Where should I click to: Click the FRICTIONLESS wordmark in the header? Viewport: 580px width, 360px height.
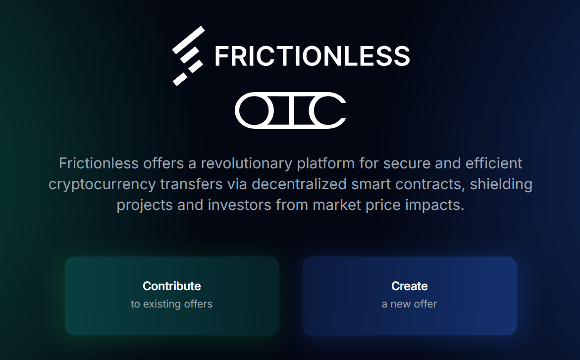click(312, 56)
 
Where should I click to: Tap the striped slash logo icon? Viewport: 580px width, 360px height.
click(188, 55)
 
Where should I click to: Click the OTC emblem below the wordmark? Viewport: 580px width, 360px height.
click(290, 110)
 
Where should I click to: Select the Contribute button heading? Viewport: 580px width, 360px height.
click(172, 286)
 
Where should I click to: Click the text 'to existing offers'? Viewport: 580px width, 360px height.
click(172, 304)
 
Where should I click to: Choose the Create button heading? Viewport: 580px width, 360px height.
click(410, 286)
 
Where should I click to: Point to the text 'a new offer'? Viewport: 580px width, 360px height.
click(410, 304)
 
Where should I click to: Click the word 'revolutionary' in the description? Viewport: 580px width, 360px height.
click(246, 163)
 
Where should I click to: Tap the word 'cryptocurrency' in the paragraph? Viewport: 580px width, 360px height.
click(102, 184)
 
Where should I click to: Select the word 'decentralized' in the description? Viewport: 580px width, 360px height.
click(299, 184)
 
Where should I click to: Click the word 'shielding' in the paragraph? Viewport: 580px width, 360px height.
click(501, 184)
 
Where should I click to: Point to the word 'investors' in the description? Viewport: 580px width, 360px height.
click(239, 205)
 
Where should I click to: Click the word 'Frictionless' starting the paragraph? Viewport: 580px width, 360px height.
click(99, 163)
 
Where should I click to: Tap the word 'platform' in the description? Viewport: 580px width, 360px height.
click(326, 163)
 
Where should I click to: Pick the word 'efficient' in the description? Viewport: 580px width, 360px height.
click(494, 163)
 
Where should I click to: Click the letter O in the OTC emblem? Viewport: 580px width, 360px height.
click(255, 110)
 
